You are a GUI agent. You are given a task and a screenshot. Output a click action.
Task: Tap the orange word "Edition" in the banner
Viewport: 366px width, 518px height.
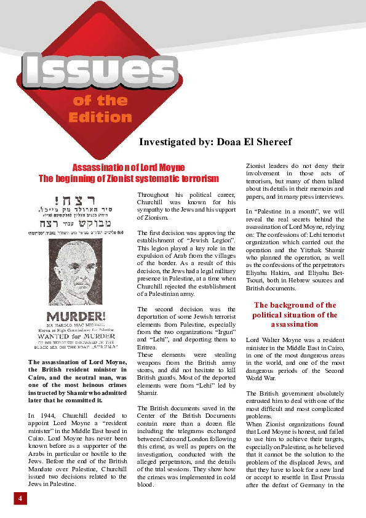coord(100,117)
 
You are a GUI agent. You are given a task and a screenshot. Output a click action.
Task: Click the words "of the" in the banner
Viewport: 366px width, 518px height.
coord(100,101)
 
